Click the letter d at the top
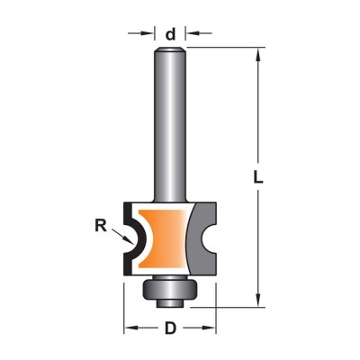click(170, 34)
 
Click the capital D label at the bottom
click(170, 328)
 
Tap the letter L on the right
click(257, 177)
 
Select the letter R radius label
click(101, 226)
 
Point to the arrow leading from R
click(122, 237)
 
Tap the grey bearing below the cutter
click(170, 288)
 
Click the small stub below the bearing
click(170, 302)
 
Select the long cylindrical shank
click(170, 124)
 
